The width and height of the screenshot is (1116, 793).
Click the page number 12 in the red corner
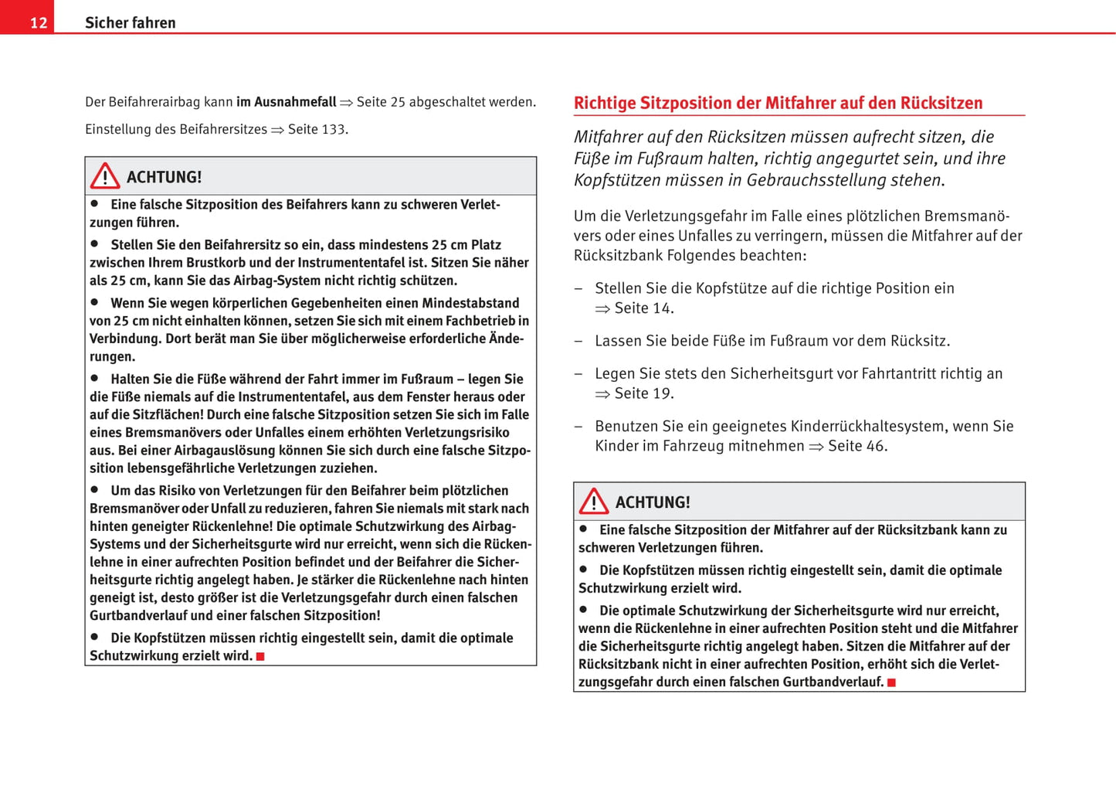(39, 22)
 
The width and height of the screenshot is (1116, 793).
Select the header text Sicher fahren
(130, 22)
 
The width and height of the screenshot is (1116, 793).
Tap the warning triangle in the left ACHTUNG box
(105, 176)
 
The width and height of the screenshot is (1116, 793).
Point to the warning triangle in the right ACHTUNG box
(594, 502)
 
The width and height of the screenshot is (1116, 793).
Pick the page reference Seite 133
(317, 129)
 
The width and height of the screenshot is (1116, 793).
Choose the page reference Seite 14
(643, 308)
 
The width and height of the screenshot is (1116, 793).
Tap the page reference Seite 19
(643, 393)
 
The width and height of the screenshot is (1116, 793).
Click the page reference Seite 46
(857, 446)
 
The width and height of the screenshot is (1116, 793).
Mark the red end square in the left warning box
(260, 656)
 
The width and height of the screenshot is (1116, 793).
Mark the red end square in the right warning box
(891, 682)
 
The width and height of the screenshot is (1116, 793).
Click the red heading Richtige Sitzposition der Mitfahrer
(778, 103)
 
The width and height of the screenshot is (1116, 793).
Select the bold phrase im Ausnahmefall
(287, 102)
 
